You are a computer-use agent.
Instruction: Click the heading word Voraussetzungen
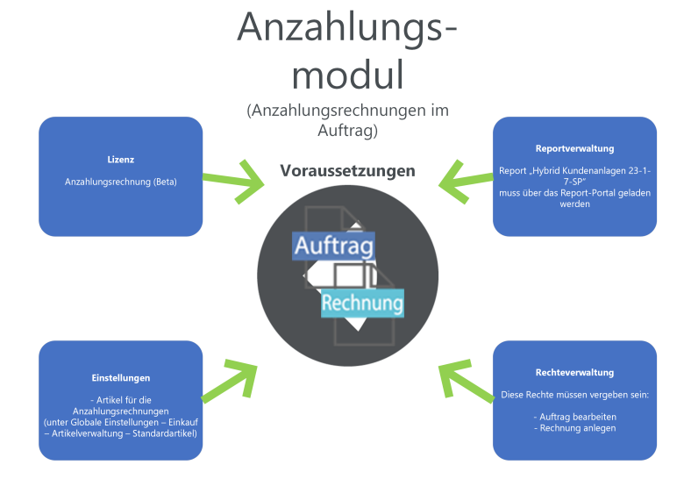(347, 171)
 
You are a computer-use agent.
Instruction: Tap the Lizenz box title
(121, 160)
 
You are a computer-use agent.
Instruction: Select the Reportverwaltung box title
(574, 148)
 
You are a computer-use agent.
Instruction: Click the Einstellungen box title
(121, 377)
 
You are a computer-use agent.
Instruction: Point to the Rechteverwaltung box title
(574, 372)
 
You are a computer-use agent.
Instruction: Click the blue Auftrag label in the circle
(334, 246)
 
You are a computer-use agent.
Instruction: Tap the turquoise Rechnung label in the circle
(362, 303)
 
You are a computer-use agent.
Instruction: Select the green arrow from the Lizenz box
(236, 182)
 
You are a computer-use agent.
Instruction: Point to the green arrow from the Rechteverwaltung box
(463, 382)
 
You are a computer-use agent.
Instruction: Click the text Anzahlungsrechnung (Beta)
(121, 181)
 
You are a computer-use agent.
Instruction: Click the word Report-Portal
(588, 193)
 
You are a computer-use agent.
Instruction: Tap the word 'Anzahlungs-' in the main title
(347, 28)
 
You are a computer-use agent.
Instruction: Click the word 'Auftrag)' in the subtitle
(347, 131)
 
